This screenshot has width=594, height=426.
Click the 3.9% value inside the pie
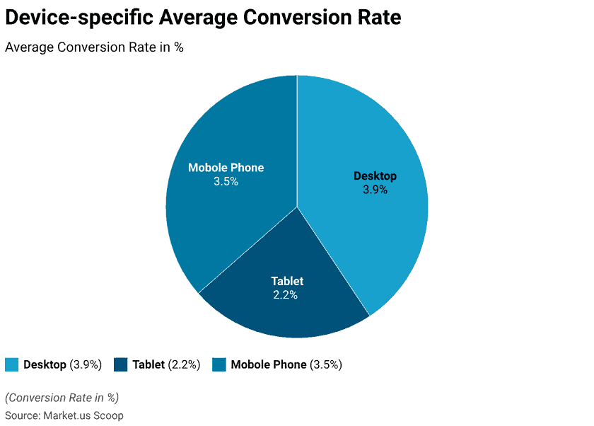375,190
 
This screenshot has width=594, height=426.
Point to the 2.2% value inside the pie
285,295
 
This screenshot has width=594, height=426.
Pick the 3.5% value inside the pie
226,181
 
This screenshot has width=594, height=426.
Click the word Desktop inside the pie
375,175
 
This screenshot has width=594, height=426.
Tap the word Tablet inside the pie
287,281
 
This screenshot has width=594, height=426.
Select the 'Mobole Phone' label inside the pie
226,168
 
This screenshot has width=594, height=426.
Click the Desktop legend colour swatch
11,364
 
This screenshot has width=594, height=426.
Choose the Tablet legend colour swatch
120,364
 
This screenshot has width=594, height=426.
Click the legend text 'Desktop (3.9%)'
63,364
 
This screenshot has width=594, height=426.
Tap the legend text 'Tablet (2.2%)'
166,364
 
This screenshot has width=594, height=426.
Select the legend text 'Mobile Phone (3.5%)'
286,364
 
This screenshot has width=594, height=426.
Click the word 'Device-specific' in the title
78,17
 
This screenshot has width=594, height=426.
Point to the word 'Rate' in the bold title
378,17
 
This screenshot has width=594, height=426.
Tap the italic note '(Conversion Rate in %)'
62,397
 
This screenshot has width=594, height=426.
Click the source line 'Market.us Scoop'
83,415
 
